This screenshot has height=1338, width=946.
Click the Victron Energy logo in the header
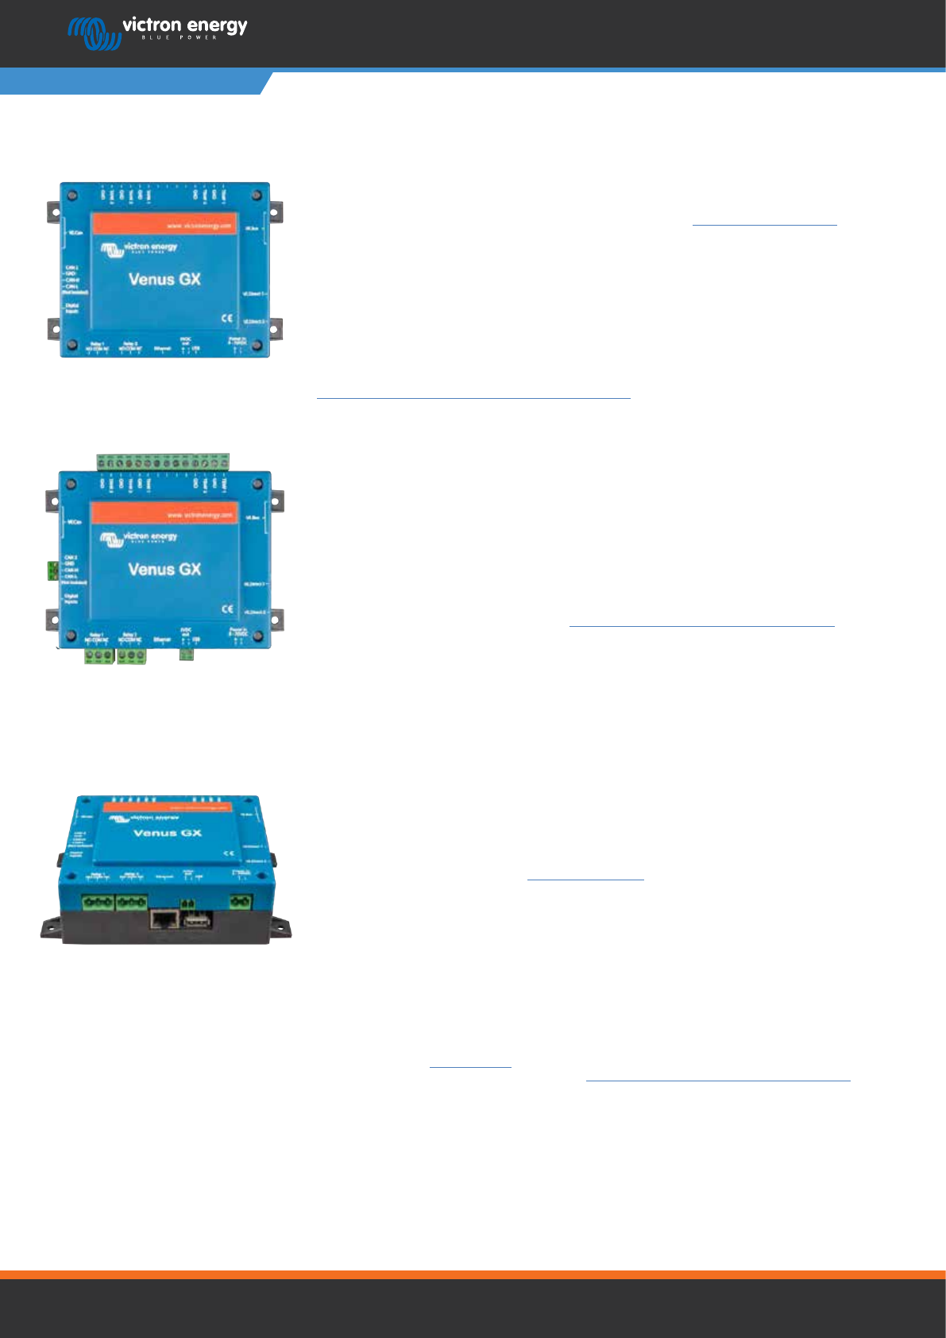157,31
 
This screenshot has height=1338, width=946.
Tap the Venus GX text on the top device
164,279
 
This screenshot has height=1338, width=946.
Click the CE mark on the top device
226,319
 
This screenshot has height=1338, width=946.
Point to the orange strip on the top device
164,224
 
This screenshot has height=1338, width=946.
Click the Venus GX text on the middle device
164,569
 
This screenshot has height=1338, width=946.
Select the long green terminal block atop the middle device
163,462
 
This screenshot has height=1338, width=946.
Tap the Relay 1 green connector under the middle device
99,656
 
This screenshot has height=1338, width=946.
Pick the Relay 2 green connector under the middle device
131,656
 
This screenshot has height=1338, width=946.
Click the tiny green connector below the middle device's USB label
187,654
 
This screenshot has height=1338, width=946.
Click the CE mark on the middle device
226,609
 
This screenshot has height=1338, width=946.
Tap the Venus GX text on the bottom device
168,833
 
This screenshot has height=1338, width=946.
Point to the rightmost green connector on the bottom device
241,902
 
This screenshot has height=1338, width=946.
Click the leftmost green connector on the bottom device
98,903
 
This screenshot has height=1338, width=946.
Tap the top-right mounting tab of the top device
276,212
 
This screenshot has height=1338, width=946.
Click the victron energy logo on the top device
139,249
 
